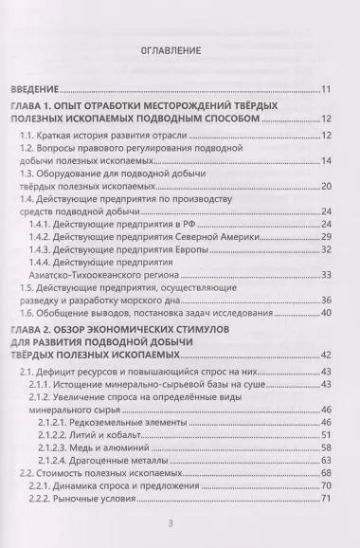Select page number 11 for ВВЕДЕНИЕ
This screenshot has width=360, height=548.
tap(324, 90)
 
